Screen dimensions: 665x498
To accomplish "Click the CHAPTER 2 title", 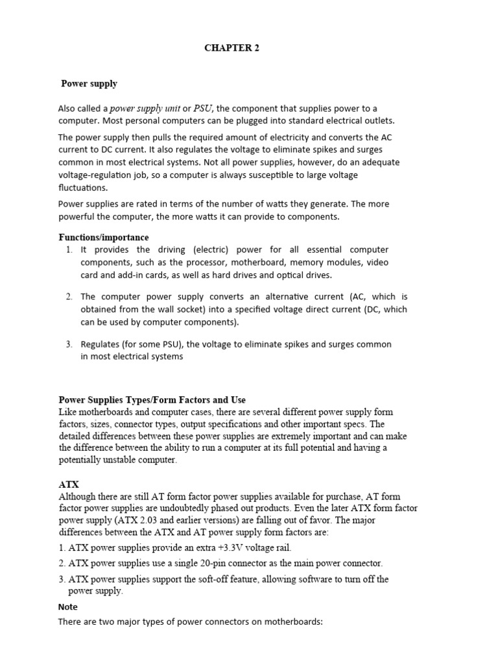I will [231, 48].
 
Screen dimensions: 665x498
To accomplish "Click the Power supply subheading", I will [89, 84].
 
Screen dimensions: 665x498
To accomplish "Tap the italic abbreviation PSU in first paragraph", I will [203, 108].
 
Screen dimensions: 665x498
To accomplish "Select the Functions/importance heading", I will [104, 238].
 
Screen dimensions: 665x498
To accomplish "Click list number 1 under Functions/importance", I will [69, 250].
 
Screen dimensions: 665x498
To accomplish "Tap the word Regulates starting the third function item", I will [100, 344].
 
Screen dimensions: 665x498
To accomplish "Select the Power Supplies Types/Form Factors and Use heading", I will [152, 400].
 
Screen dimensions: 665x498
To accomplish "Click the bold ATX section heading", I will [69, 484].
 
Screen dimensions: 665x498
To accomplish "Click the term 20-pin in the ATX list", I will [239, 564].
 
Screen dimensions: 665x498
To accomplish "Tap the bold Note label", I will [68, 607].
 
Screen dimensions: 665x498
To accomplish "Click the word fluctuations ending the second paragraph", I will [82, 188].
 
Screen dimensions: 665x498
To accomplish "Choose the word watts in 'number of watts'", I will [292, 204].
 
